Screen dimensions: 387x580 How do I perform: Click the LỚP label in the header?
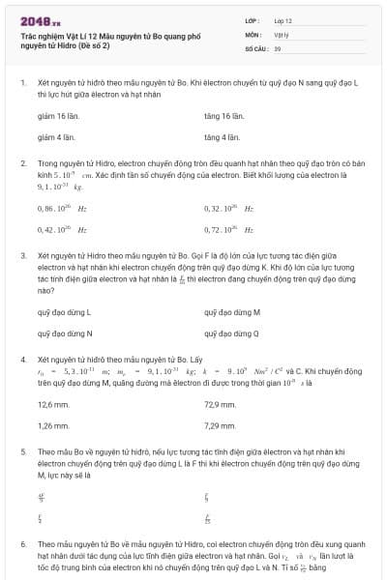(253, 19)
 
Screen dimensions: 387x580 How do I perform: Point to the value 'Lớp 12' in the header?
(283, 19)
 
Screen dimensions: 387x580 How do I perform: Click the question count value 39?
(278, 46)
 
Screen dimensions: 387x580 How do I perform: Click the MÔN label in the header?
(253, 33)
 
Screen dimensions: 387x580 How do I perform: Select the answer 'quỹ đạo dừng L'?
(64, 312)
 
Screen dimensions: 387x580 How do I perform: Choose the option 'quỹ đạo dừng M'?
(232, 312)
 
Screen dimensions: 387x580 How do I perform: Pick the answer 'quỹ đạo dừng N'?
(64, 333)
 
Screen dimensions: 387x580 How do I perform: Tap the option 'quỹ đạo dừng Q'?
(232, 333)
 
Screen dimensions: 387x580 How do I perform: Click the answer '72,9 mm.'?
(221, 404)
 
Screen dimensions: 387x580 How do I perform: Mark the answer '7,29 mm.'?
(221, 425)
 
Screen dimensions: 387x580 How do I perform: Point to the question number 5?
(23, 451)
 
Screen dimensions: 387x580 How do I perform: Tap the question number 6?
(23, 543)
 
